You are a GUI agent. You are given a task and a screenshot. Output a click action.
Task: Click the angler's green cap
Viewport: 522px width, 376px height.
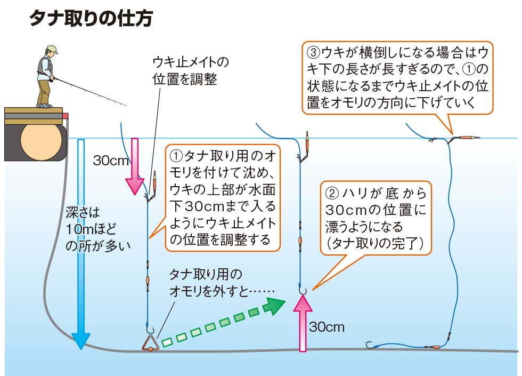tap(51, 50)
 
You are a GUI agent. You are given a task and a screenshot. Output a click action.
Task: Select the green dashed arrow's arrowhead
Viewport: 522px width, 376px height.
tap(276, 305)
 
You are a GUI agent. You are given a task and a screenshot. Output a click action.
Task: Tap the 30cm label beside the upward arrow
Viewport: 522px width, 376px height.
tap(327, 326)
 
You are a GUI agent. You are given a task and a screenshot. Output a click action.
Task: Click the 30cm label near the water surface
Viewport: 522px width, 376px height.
tap(108, 160)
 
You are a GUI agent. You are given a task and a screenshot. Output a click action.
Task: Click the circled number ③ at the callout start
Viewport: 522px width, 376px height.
tap(314, 53)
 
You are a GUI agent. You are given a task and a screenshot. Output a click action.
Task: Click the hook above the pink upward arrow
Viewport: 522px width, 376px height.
tap(302, 289)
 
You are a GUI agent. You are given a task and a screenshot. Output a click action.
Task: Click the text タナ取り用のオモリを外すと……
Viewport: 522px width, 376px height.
tap(222, 283)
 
